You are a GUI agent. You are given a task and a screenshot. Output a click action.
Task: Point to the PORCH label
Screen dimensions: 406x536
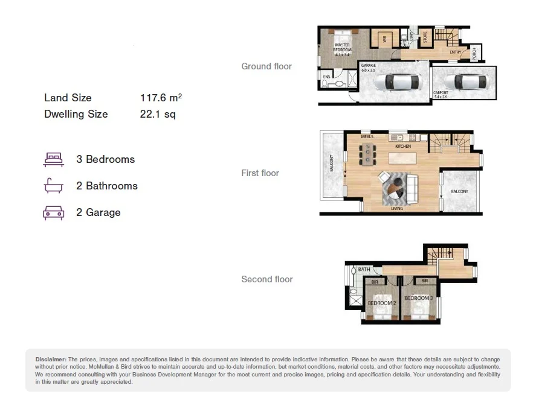click(473, 52)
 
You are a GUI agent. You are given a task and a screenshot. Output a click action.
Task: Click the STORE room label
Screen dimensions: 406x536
click(424, 37)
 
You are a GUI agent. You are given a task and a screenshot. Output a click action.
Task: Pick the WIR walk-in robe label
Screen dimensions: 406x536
click(384, 41)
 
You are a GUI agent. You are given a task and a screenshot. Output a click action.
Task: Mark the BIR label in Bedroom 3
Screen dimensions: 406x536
click(425, 281)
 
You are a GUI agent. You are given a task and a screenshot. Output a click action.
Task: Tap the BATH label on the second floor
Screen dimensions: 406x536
click(364, 270)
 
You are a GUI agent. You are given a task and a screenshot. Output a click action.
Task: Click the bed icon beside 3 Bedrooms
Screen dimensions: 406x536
click(53, 159)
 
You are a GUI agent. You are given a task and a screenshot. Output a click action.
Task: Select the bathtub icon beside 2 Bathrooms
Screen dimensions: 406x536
click(53, 186)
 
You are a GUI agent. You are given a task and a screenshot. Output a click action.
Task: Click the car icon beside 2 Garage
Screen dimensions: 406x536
click(53, 212)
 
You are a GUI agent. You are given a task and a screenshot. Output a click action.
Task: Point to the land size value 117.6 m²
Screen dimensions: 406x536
click(161, 97)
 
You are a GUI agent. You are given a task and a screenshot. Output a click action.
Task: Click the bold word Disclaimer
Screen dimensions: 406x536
click(51, 359)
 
